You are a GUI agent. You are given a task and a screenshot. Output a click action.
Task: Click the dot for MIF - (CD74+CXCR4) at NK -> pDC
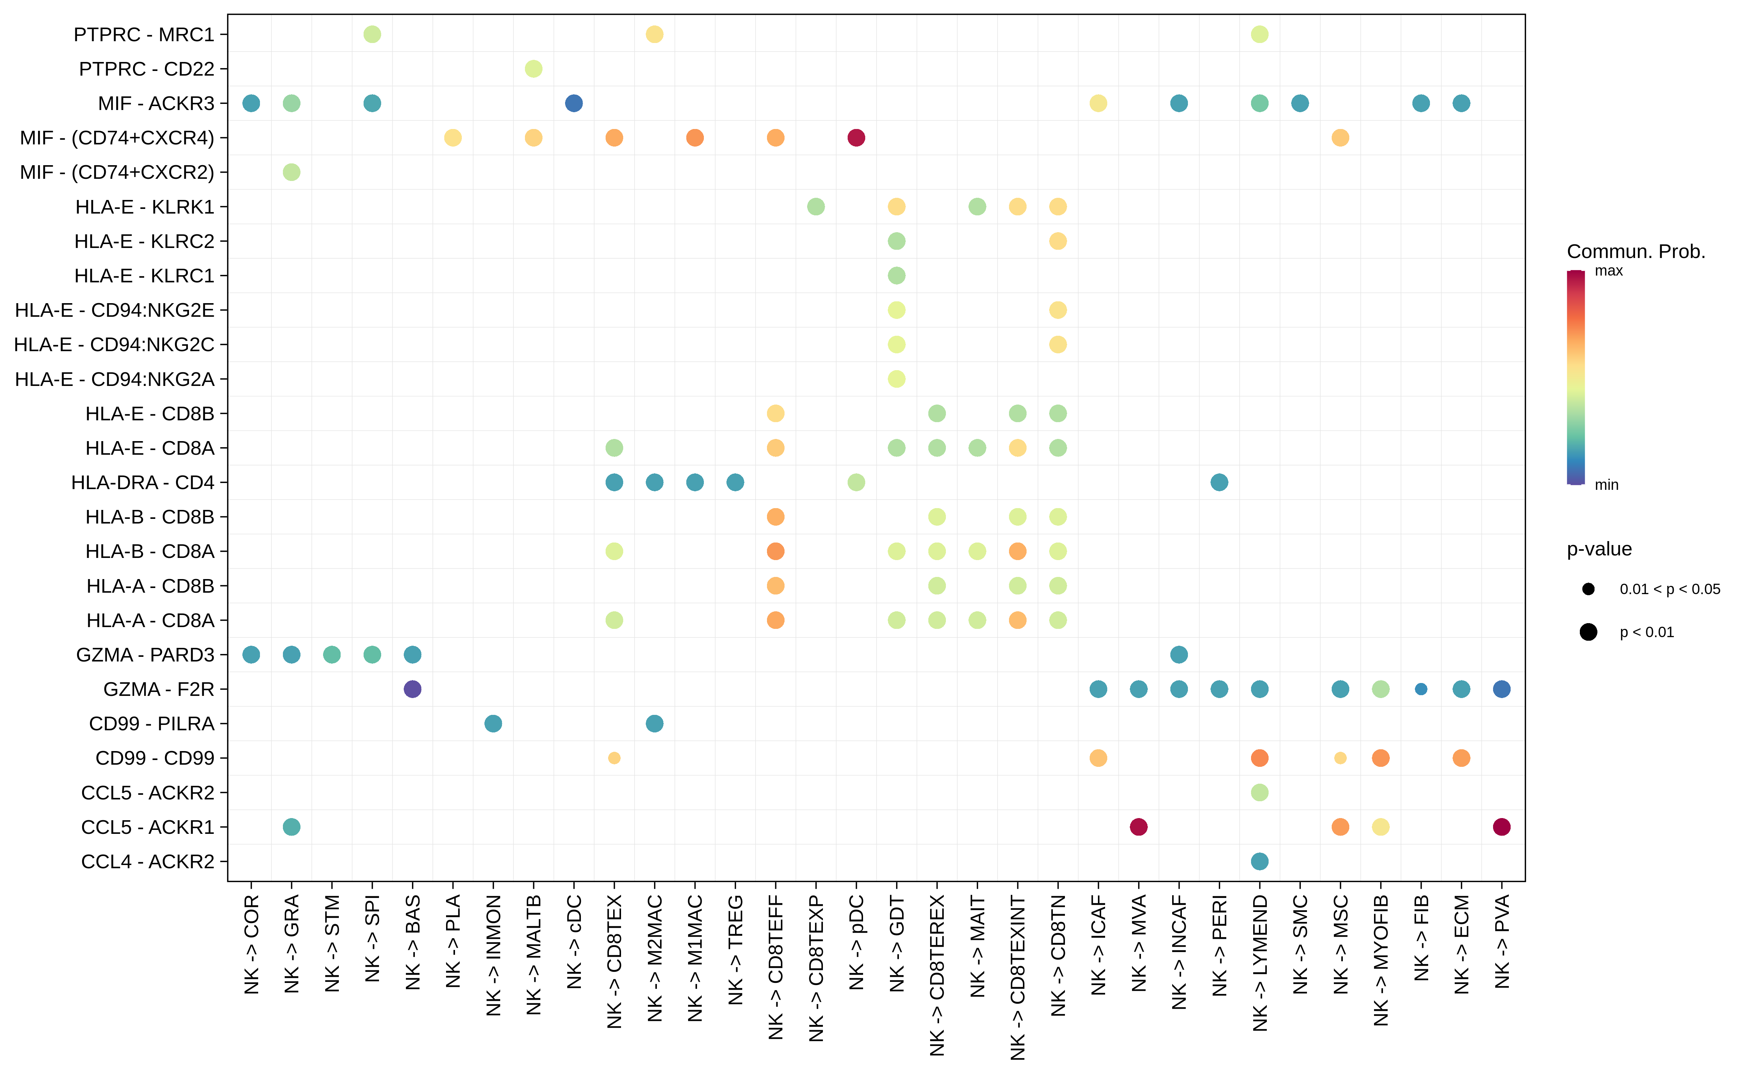[x=856, y=138]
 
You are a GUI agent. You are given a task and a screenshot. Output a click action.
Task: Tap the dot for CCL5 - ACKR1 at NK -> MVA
[x=1138, y=827]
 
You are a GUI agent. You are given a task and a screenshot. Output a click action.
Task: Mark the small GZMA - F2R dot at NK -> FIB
[x=1421, y=689]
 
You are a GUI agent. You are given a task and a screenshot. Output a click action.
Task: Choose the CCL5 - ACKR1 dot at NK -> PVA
[x=1501, y=827]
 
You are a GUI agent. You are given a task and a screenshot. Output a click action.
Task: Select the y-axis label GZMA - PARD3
[x=145, y=655]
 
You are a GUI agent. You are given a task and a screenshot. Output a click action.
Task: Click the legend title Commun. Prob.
[x=1636, y=252]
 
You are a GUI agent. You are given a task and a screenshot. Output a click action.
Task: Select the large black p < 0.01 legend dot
[x=1588, y=632]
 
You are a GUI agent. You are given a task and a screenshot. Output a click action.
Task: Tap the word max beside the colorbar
[x=1609, y=271]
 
